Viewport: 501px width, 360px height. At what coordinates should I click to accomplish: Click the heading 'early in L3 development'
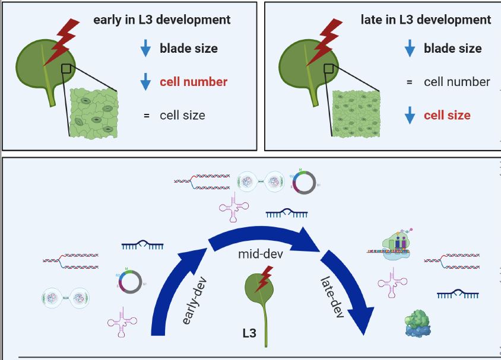click(x=161, y=20)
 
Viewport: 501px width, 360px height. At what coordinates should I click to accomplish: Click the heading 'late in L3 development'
click(x=426, y=20)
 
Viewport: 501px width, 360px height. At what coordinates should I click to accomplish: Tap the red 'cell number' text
click(x=194, y=82)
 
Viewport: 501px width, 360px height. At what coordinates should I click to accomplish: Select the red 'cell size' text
click(x=447, y=115)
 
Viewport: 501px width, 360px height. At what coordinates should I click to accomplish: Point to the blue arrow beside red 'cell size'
click(x=410, y=115)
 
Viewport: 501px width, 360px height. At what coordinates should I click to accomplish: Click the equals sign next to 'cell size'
click(x=146, y=115)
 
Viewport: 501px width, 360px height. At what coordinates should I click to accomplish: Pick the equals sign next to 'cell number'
click(x=410, y=82)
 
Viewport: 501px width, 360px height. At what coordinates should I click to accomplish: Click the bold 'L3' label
click(x=249, y=333)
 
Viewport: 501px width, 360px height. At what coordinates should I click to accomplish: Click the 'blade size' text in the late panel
click(x=452, y=49)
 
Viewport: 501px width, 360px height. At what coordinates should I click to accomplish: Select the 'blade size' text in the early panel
click(x=188, y=49)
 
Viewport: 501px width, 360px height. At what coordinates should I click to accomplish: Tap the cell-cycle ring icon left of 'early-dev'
click(x=131, y=282)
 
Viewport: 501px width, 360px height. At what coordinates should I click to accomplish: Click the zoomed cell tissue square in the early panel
click(x=93, y=113)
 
